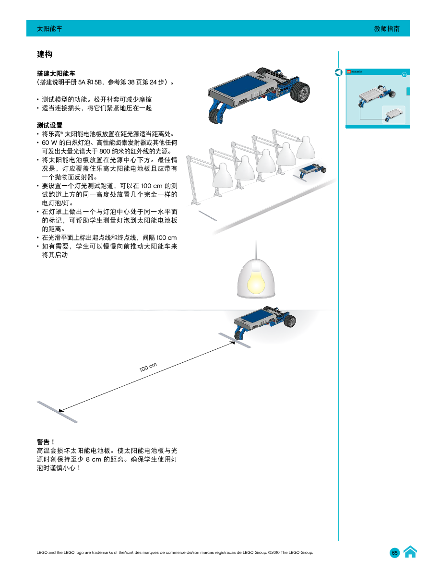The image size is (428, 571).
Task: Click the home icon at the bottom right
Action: coord(410,552)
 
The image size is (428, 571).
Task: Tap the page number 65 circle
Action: coord(394,553)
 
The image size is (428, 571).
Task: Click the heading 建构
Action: coord(45,55)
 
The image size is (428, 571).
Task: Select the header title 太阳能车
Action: coord(50,29)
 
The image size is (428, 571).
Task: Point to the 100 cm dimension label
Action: coord(148,368)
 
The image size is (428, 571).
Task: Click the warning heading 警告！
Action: coord(46,442)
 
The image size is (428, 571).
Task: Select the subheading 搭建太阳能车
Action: coord(56,74)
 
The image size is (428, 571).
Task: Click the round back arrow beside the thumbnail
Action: coord(339,72)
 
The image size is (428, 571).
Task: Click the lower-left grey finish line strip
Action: coord(57,412)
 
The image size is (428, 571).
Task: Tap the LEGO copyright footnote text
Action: coord(175,553)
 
